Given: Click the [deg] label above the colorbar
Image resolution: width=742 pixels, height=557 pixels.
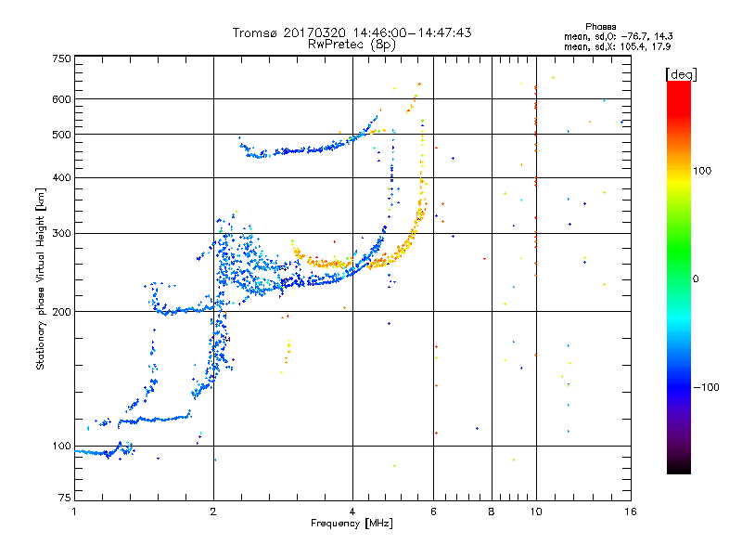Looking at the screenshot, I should click(682, 73).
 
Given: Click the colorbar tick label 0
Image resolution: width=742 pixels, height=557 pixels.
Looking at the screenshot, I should click(700, 278).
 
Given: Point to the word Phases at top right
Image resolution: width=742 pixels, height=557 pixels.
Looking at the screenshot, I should click(600, 26).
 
